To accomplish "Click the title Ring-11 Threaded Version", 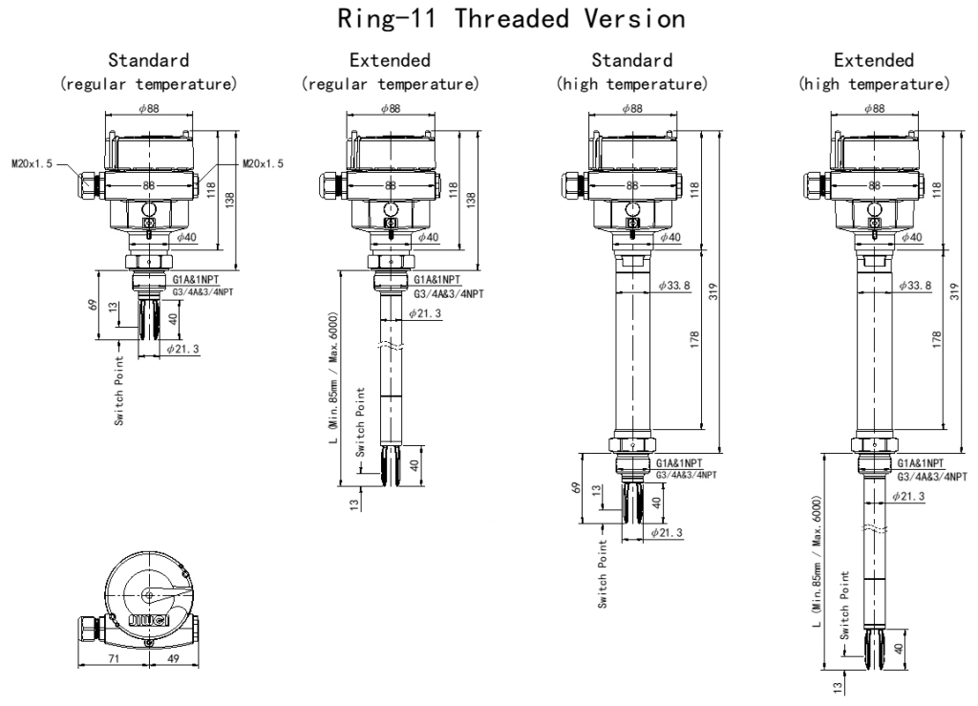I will [489, 19].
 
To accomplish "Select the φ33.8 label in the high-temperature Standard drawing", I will [675, 286].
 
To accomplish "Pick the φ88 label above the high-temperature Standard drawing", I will [631, 108].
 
